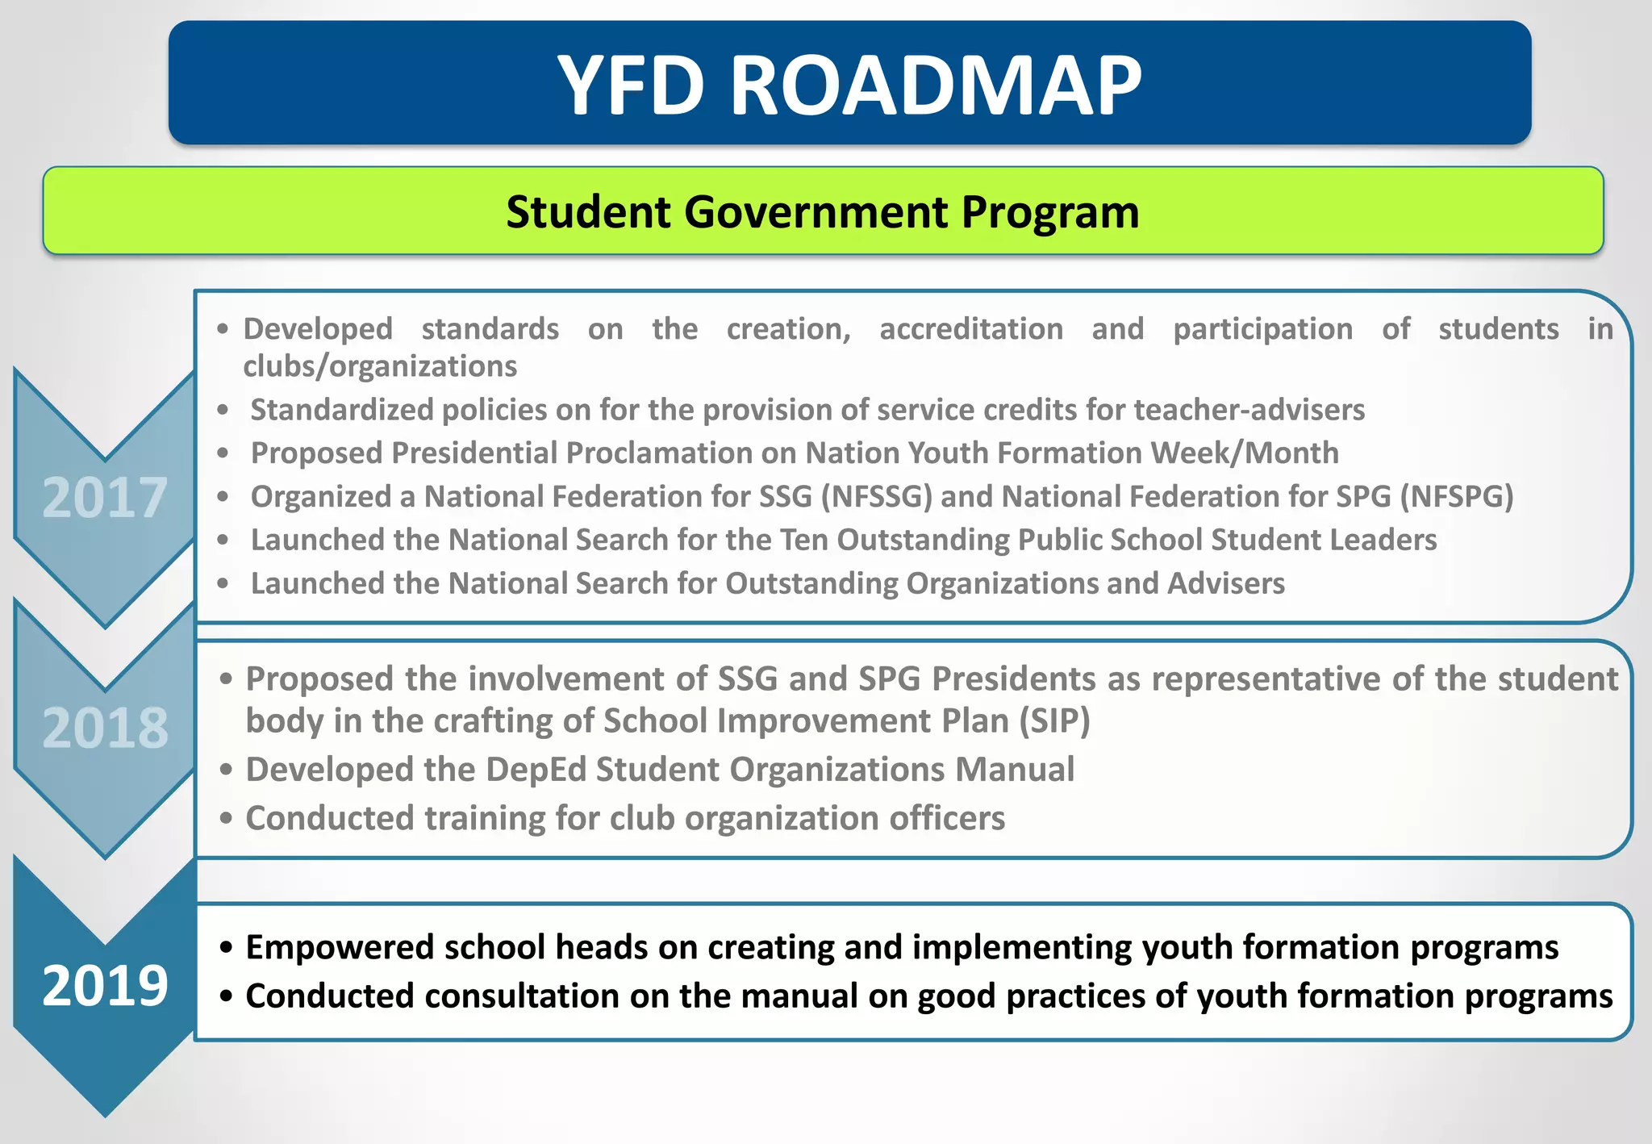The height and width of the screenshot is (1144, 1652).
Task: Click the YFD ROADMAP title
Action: click(849, 85)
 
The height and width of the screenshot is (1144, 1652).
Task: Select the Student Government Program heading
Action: click(823, 212)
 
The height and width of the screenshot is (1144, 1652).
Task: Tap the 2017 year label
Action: click(104, 498)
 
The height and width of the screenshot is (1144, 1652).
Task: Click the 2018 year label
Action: click(105, 728)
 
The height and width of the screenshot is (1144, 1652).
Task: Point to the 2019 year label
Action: click(105, 986)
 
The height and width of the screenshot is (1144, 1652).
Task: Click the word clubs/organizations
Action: click(380, 366)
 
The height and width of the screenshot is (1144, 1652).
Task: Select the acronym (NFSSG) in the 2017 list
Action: click(876, 496)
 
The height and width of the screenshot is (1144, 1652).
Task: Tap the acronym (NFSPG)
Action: click(1456, 496)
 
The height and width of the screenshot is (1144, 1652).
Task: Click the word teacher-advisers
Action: click(1249, 410)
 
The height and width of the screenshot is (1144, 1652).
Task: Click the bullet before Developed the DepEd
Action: click(227, 770)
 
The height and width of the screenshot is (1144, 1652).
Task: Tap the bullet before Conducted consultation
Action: click(227, 997)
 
